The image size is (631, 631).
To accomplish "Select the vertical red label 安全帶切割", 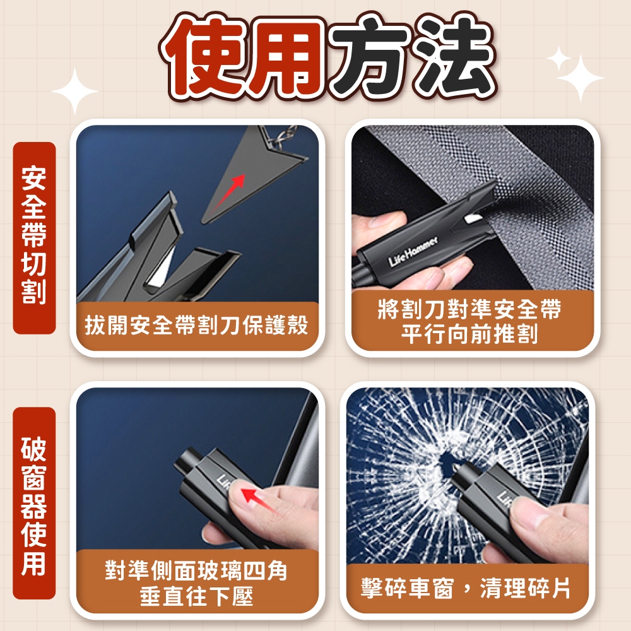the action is [x=34, y=237].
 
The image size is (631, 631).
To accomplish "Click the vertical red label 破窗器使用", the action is [x=34, y=503].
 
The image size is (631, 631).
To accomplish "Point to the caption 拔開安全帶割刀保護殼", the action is [x=196, y=324].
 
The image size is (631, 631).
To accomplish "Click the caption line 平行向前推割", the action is [x=469, y=334].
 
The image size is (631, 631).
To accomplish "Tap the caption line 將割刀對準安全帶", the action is [x=469, y=309].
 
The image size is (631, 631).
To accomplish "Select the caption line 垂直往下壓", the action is [x=196, y=596].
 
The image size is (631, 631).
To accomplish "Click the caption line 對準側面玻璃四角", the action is [x=196, y=570].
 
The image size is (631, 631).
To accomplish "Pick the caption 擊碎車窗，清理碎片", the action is [x=465, y=588].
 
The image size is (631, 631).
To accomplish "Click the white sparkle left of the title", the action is [x=75, y=91].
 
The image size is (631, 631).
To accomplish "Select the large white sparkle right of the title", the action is [x=580, y=78].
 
